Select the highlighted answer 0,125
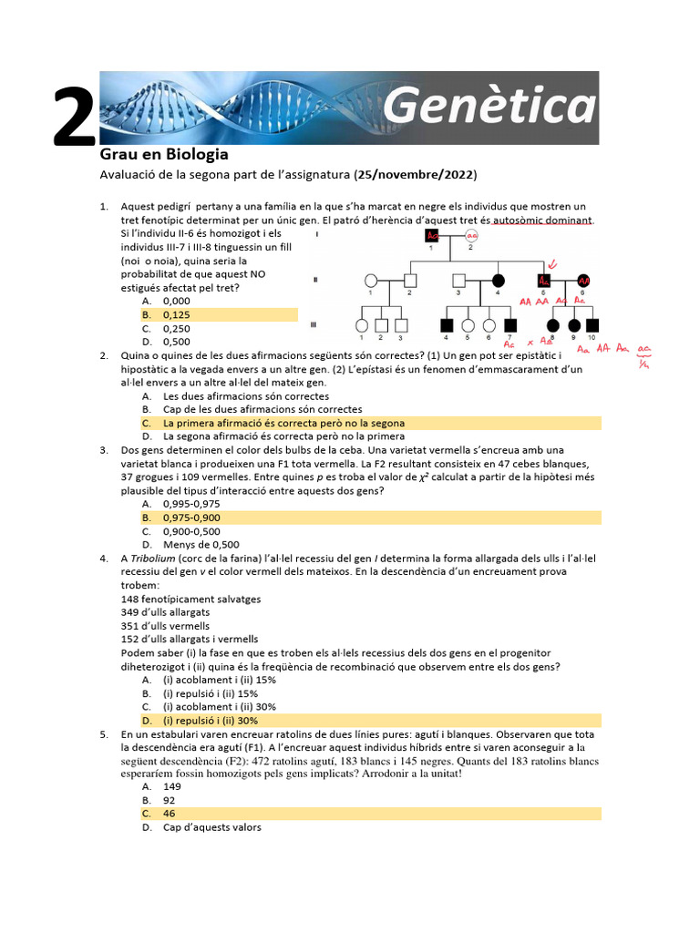pos(177,314)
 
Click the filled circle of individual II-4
pos(499,280)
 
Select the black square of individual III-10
pos(593,324)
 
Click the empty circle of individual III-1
pos(362,324)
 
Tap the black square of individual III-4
pos(447,324)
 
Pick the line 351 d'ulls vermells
pos(165,626)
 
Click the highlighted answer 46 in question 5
pos(170,814)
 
